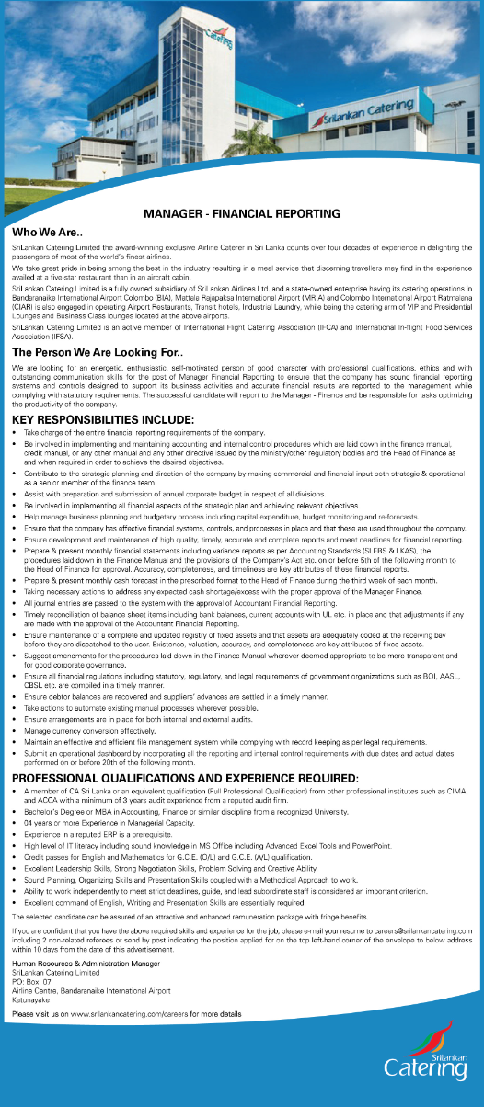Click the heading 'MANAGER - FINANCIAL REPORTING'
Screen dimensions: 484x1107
coord(242,213)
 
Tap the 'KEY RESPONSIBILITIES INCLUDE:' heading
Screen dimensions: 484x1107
coord(102,420)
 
